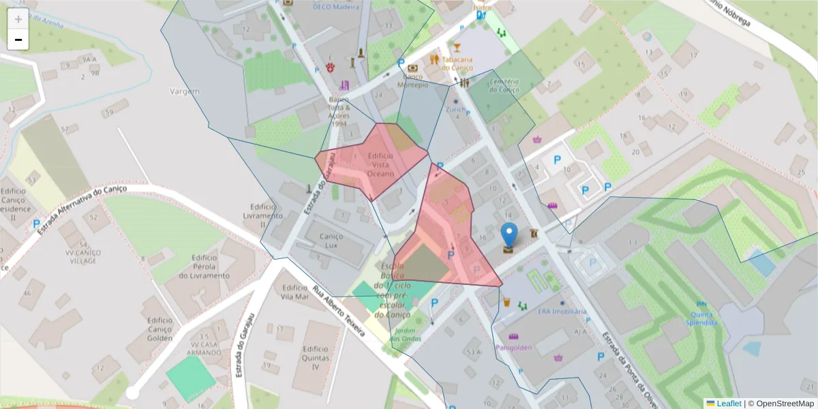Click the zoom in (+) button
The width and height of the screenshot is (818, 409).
(x=18, y=19)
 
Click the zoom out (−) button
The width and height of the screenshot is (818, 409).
(x=18, y=40)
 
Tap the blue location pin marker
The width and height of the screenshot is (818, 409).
(x=509, y=235)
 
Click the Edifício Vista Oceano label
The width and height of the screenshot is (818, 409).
(x=380, y=165)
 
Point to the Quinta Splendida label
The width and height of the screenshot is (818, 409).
(x=702, y=318)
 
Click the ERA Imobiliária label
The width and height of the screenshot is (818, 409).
(x=562, y=311)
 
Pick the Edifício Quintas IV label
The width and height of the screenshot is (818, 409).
(x=316, y=357)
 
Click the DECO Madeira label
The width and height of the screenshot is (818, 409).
(x=335, y=7)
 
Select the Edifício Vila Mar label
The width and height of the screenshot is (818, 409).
(x=294, y=292)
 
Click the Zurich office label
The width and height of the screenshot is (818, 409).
(x=455, y=109)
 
